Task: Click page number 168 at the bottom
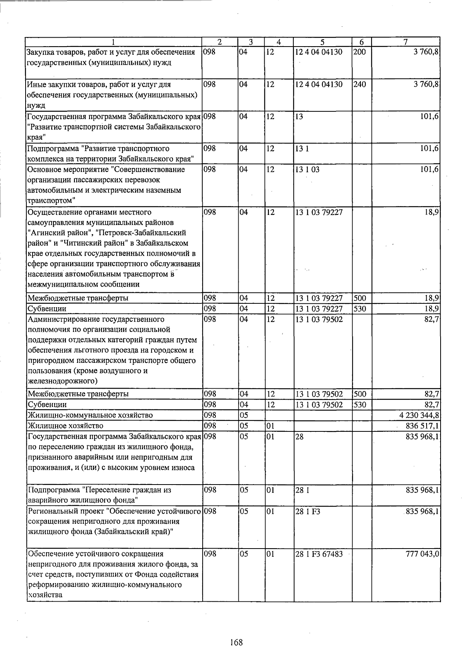[236, 642]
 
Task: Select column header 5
[322, 42]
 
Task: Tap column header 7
[405, 42]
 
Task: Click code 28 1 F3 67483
[319, 554]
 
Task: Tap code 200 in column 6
[360, 52]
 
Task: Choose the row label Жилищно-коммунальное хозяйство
[90, 415]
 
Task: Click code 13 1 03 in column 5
[308, 170]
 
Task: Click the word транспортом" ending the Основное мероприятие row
[51, 201]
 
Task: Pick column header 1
[114, 42]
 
